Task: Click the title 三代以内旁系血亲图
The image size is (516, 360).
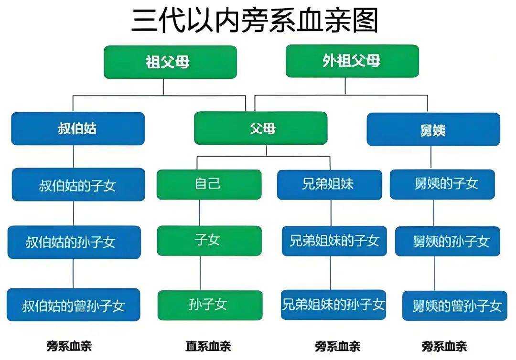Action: click(x=255, y=21)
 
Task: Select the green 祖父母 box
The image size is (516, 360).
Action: click(x=170, y=62)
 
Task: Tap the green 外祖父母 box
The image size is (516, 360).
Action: click(x=352, y=61)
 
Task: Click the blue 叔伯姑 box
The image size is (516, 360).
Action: click(x=78, y=128)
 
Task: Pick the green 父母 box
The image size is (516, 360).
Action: click(x=260, y=128)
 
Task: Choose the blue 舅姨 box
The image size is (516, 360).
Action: click(x=433, y=129)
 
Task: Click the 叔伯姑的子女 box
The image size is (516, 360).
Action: click(x=78, y=184)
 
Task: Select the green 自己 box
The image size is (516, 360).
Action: click(x=209, y=184)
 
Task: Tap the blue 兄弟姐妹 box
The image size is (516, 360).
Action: click(x=329, y=184)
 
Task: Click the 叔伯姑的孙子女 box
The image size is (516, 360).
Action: click(x=74, y=242)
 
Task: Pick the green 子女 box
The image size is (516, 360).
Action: click(x=209, y=240)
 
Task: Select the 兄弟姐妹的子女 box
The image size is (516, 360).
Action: click(x=333, y=241)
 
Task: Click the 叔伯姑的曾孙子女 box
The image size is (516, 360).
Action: click(x=74, y=305)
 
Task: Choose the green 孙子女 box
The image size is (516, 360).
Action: click(x=210, y=305)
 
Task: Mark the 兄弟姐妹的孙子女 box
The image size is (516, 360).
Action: click(x=333, y=304)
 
